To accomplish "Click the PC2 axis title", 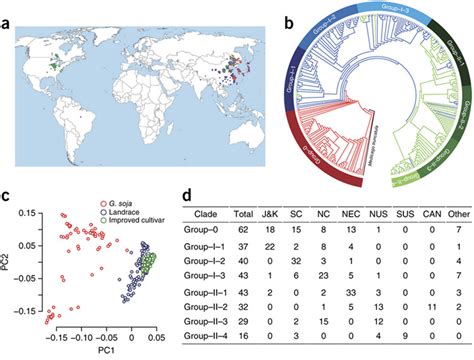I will [x=8, y=263].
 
